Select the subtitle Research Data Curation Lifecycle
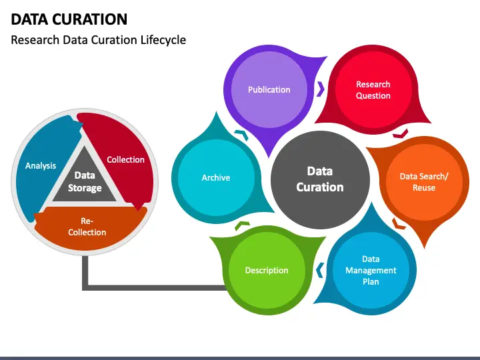99,40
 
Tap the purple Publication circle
269,89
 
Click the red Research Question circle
373,90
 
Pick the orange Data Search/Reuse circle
423,182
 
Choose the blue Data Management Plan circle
371,270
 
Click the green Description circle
267,270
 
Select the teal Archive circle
215,177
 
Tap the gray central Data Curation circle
319,179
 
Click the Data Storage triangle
85,181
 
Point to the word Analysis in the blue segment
41,165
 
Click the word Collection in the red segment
125,159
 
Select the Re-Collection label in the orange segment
87,227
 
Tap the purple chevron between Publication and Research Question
321,89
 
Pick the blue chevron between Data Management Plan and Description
319,270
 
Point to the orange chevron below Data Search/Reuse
399,223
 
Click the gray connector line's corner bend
85,287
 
